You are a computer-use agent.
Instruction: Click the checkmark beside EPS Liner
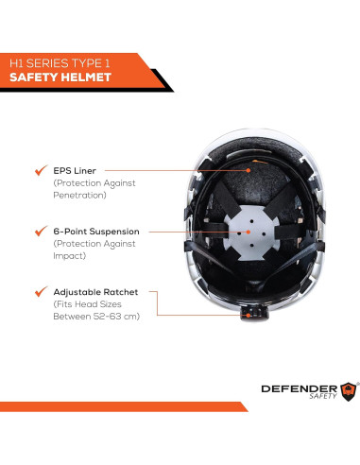pos(39,170)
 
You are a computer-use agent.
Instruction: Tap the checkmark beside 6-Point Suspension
pos(39,231)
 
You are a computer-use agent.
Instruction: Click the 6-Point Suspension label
pos(95,231)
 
